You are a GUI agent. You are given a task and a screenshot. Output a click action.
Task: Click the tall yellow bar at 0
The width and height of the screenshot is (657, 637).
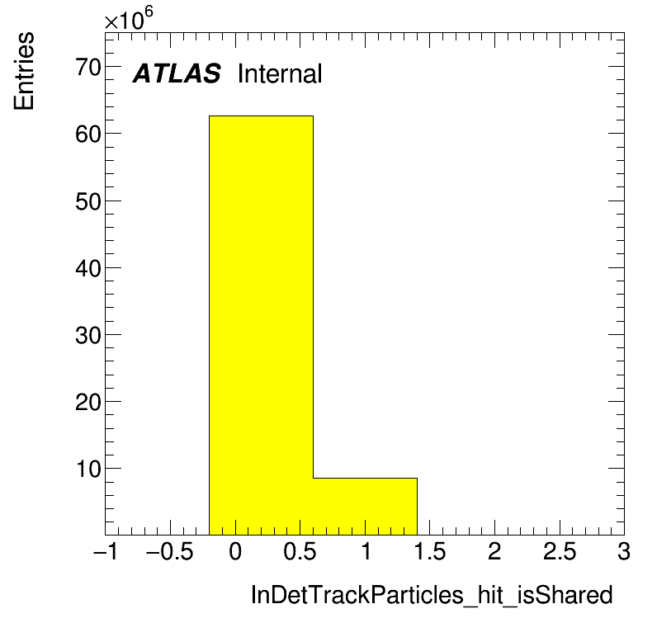click(261, 325)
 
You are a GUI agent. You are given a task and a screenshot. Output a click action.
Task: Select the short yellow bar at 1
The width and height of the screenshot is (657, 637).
click(365, 507)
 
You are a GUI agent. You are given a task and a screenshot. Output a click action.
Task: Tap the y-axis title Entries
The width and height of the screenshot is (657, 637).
click(24, 71)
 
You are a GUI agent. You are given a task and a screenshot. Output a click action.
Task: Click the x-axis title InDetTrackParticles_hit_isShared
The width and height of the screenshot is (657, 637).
click(432, 596)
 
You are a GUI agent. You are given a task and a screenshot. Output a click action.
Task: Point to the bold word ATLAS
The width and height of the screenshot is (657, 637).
click(177, 73)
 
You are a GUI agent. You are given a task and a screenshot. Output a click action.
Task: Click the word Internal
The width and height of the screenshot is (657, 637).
click(280, 73)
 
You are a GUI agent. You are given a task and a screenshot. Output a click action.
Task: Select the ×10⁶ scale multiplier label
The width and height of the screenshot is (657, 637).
click(129, 18)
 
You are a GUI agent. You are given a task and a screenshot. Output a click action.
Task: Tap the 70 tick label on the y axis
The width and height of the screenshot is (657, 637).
click(88, 67)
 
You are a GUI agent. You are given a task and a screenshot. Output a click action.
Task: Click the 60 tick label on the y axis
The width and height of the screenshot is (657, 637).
click(88, 134)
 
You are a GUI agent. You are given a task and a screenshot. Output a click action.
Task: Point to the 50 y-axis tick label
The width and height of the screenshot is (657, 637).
click(88, 201)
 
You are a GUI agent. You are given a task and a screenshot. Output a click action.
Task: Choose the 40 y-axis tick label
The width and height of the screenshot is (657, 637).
click(88, 268)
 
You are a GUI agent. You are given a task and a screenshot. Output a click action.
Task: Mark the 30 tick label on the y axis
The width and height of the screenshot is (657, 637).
click(88, 335)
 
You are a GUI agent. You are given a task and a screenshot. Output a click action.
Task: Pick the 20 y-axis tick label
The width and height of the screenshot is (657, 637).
click(88, 402)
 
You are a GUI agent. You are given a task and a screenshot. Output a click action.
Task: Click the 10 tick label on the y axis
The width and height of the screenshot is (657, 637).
click(88, 469)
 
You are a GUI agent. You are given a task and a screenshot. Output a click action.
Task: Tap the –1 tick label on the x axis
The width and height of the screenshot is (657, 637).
click(106, 551)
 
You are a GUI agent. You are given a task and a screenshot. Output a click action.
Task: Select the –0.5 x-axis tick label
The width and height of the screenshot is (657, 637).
click(170, 551)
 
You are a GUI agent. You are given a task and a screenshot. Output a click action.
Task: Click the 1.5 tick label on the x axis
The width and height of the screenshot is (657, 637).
click(429, 551)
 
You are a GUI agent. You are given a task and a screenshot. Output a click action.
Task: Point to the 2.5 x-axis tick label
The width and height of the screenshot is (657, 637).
click(560, 551)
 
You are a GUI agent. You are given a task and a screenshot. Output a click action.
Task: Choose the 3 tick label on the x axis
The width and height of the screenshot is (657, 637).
click(623, 551)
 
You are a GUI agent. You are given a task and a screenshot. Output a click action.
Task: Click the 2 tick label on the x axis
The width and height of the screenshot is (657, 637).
click(494, 551)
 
